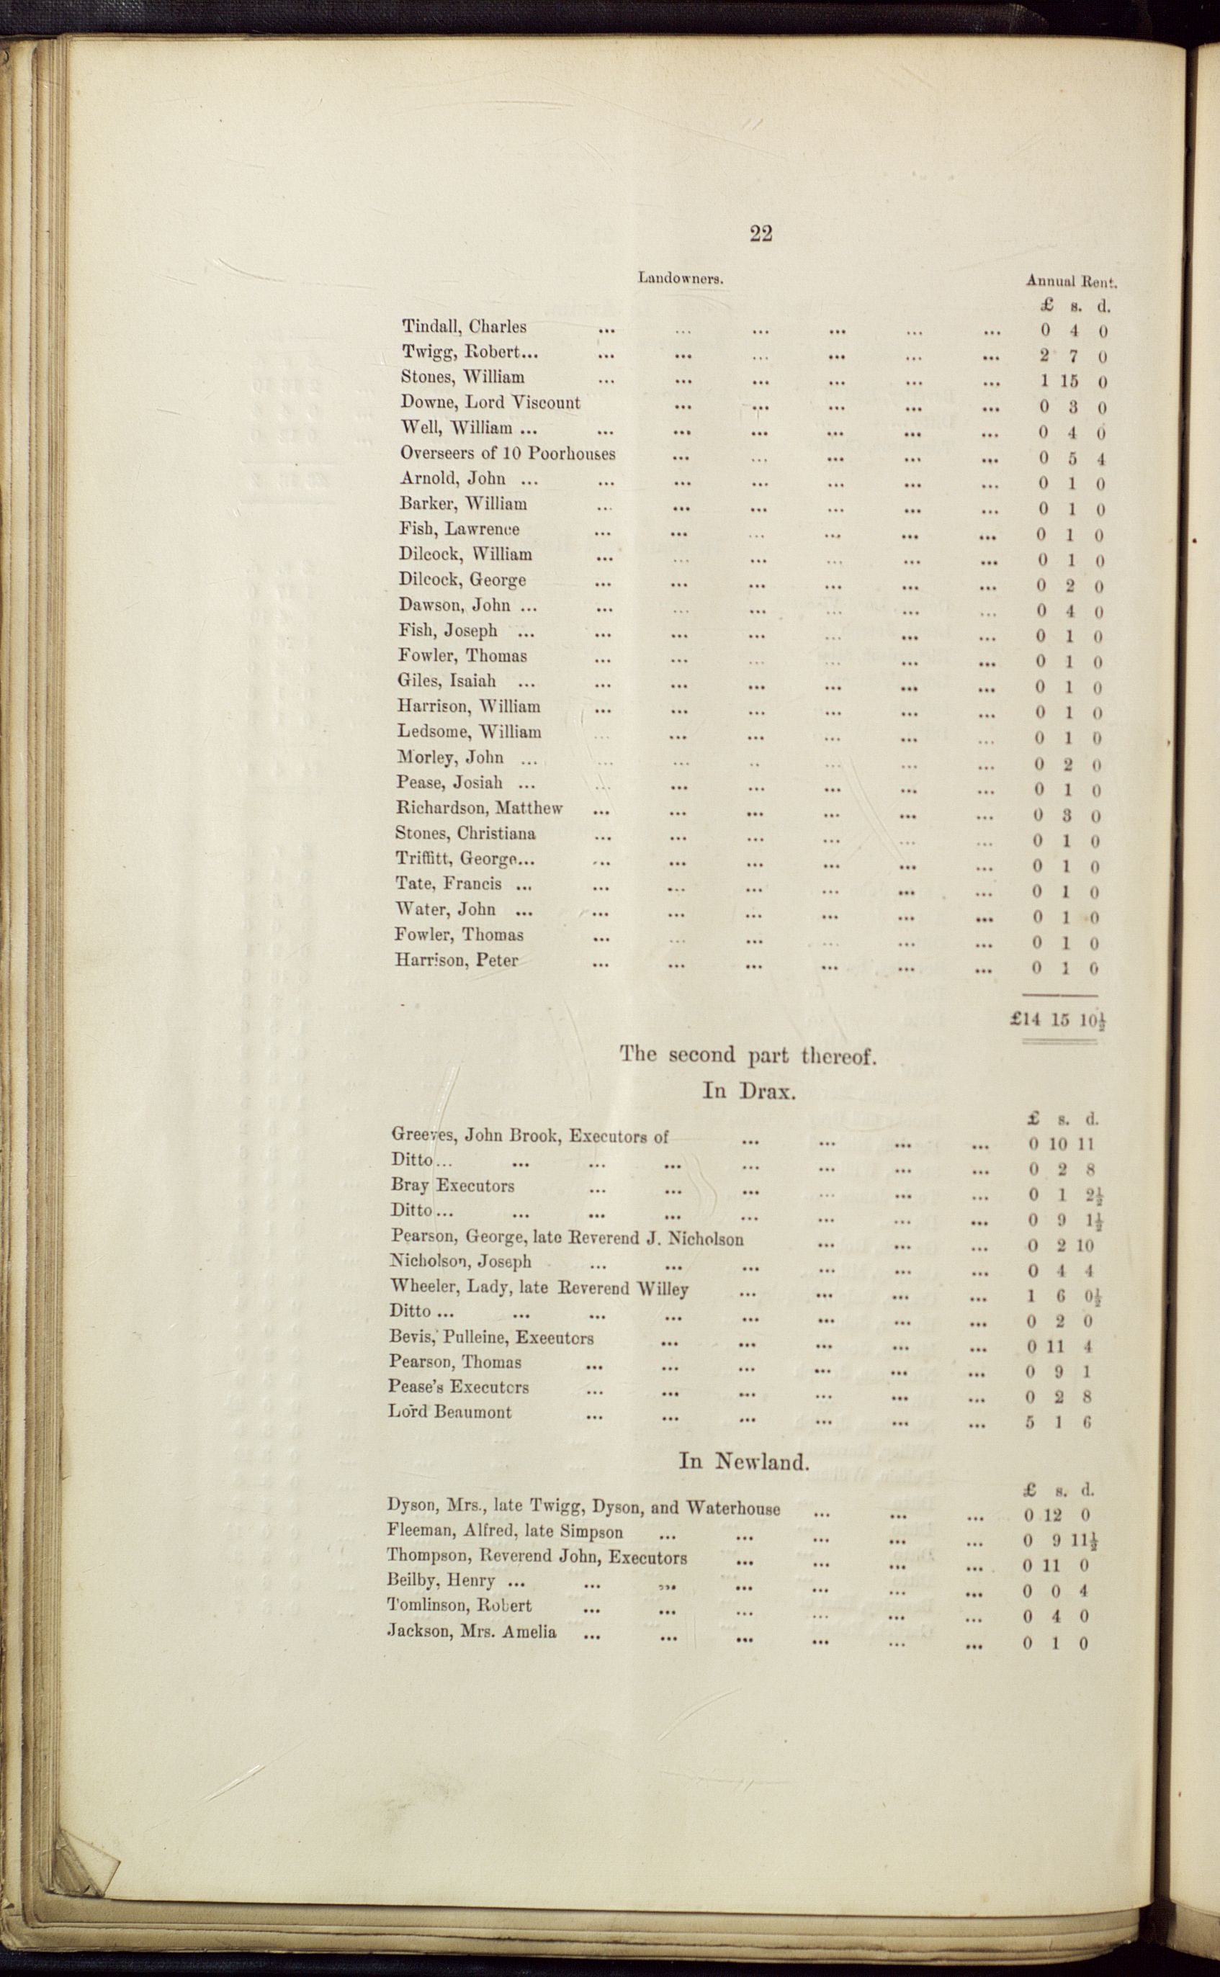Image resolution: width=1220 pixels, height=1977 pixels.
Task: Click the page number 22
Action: click(761, 234)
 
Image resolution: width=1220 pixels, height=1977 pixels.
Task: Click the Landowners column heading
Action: click(680, 279)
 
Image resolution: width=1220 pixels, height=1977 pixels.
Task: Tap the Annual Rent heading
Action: click(1071, 282)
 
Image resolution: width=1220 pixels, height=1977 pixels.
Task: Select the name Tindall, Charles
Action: click(464, 327)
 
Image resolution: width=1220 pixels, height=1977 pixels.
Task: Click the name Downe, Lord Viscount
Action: click(490, 402)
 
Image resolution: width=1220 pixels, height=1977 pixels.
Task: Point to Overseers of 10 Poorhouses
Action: click(508, 454)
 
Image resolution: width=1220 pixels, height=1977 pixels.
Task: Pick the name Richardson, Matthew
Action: click(478, 807)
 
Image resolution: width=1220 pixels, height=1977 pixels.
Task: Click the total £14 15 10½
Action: click(1057, 1019)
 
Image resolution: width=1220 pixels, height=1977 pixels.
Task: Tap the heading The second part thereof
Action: click(747, 1055)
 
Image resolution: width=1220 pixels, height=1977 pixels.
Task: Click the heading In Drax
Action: click(749, 1091)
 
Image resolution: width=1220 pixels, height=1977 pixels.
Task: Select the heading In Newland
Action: click(743, 1462)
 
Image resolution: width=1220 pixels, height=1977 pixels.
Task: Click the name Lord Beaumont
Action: click(449, 1412)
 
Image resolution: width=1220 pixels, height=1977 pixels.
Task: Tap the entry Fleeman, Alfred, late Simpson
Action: click(504, 1531)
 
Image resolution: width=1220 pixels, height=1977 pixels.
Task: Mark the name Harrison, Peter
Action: click(456, 960)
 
